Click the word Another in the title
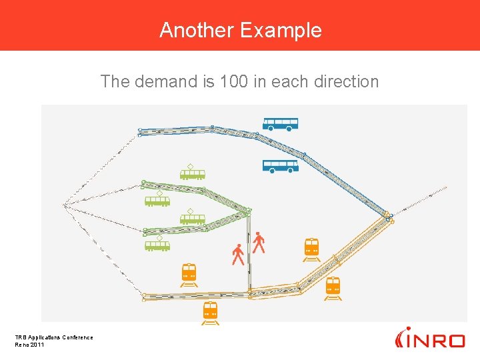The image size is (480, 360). [x=197, y=30]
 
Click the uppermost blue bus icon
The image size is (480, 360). [x=280, y=124]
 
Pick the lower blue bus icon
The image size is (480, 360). [x=280, y=166]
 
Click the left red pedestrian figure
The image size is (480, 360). [x=238, y=255]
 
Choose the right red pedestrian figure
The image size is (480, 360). [x=259, y=243]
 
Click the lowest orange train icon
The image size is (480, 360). [x=211, y=312]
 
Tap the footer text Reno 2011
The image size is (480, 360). [x=29, y=344]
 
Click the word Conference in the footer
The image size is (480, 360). [x=78, y=337]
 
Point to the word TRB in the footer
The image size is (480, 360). [x=21, y=337]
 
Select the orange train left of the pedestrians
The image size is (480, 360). [x=189, y=274]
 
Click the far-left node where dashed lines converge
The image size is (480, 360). [x=65, y=205]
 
